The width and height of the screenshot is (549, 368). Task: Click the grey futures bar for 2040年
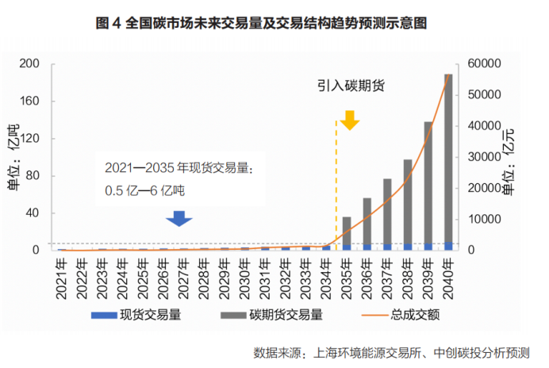pyautogui.click(x=448, y=159)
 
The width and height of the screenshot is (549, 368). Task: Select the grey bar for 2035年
pyautogui.click(x=346, y=230)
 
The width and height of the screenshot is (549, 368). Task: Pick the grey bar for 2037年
pyautogui.click(x=387, y=211)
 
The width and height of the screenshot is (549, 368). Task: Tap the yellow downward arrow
pyautogui.click(x=350, y=121)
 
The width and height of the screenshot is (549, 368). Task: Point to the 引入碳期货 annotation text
pyautogui.click(x=351, y=85)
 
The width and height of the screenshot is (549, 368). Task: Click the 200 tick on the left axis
pyautogui.click(x=29, y=64)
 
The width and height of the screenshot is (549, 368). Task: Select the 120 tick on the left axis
pyautogui.click(x=29, y=139)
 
